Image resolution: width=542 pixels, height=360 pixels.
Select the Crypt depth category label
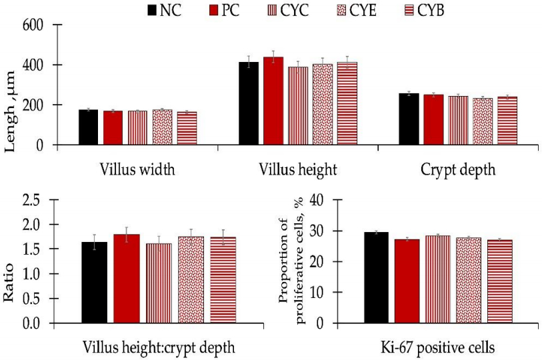(458, 169)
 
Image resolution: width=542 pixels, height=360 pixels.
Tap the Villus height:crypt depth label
(159, 348)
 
